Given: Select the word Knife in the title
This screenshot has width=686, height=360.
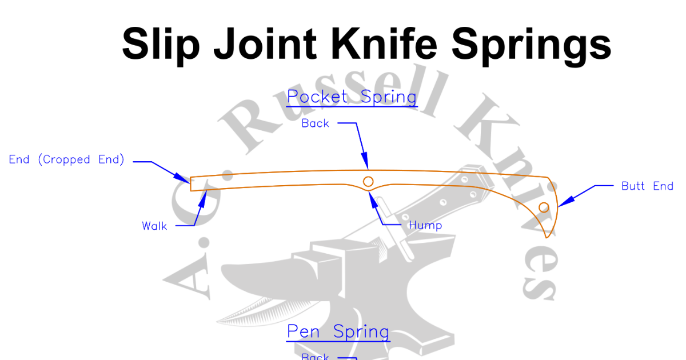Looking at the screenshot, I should coord(390,43).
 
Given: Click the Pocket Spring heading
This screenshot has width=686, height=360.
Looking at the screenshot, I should coord(352,97).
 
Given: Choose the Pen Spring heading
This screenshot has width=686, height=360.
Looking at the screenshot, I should coord(338,332).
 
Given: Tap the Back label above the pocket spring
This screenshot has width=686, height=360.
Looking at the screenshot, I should coord(316,123).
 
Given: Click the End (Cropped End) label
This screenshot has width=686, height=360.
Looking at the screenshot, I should coord(67,160).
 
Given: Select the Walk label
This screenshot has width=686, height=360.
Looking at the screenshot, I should coord(154,226).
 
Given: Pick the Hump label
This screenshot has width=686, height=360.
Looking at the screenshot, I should coord(425,226).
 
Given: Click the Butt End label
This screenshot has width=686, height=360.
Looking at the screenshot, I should coord(647,186).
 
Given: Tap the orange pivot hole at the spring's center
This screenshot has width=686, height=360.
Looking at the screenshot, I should coord(369,182).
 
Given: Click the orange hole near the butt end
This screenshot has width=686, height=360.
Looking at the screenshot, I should coord(544,207).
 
